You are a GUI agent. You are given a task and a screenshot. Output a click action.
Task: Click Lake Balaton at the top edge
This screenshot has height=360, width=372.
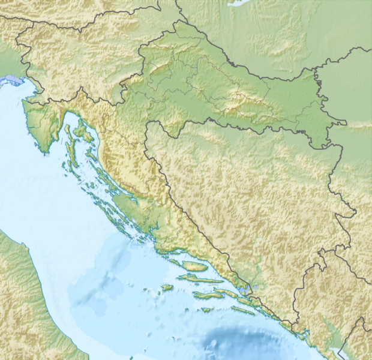point(240,2)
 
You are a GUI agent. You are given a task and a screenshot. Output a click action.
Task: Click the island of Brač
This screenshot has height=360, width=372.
point(194,265)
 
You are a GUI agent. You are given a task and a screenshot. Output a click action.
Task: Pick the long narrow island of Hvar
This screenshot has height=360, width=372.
point(204,280)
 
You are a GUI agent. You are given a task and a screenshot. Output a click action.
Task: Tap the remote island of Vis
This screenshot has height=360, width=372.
point(167,287)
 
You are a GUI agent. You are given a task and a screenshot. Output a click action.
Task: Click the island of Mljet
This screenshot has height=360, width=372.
point(243,310)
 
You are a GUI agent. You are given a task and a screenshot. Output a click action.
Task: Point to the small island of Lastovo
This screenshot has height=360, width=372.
point(206,310)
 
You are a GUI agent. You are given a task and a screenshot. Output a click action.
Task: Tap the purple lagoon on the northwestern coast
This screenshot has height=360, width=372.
point(13,80)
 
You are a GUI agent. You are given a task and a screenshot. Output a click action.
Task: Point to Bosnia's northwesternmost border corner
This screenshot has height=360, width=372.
point(146,124)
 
